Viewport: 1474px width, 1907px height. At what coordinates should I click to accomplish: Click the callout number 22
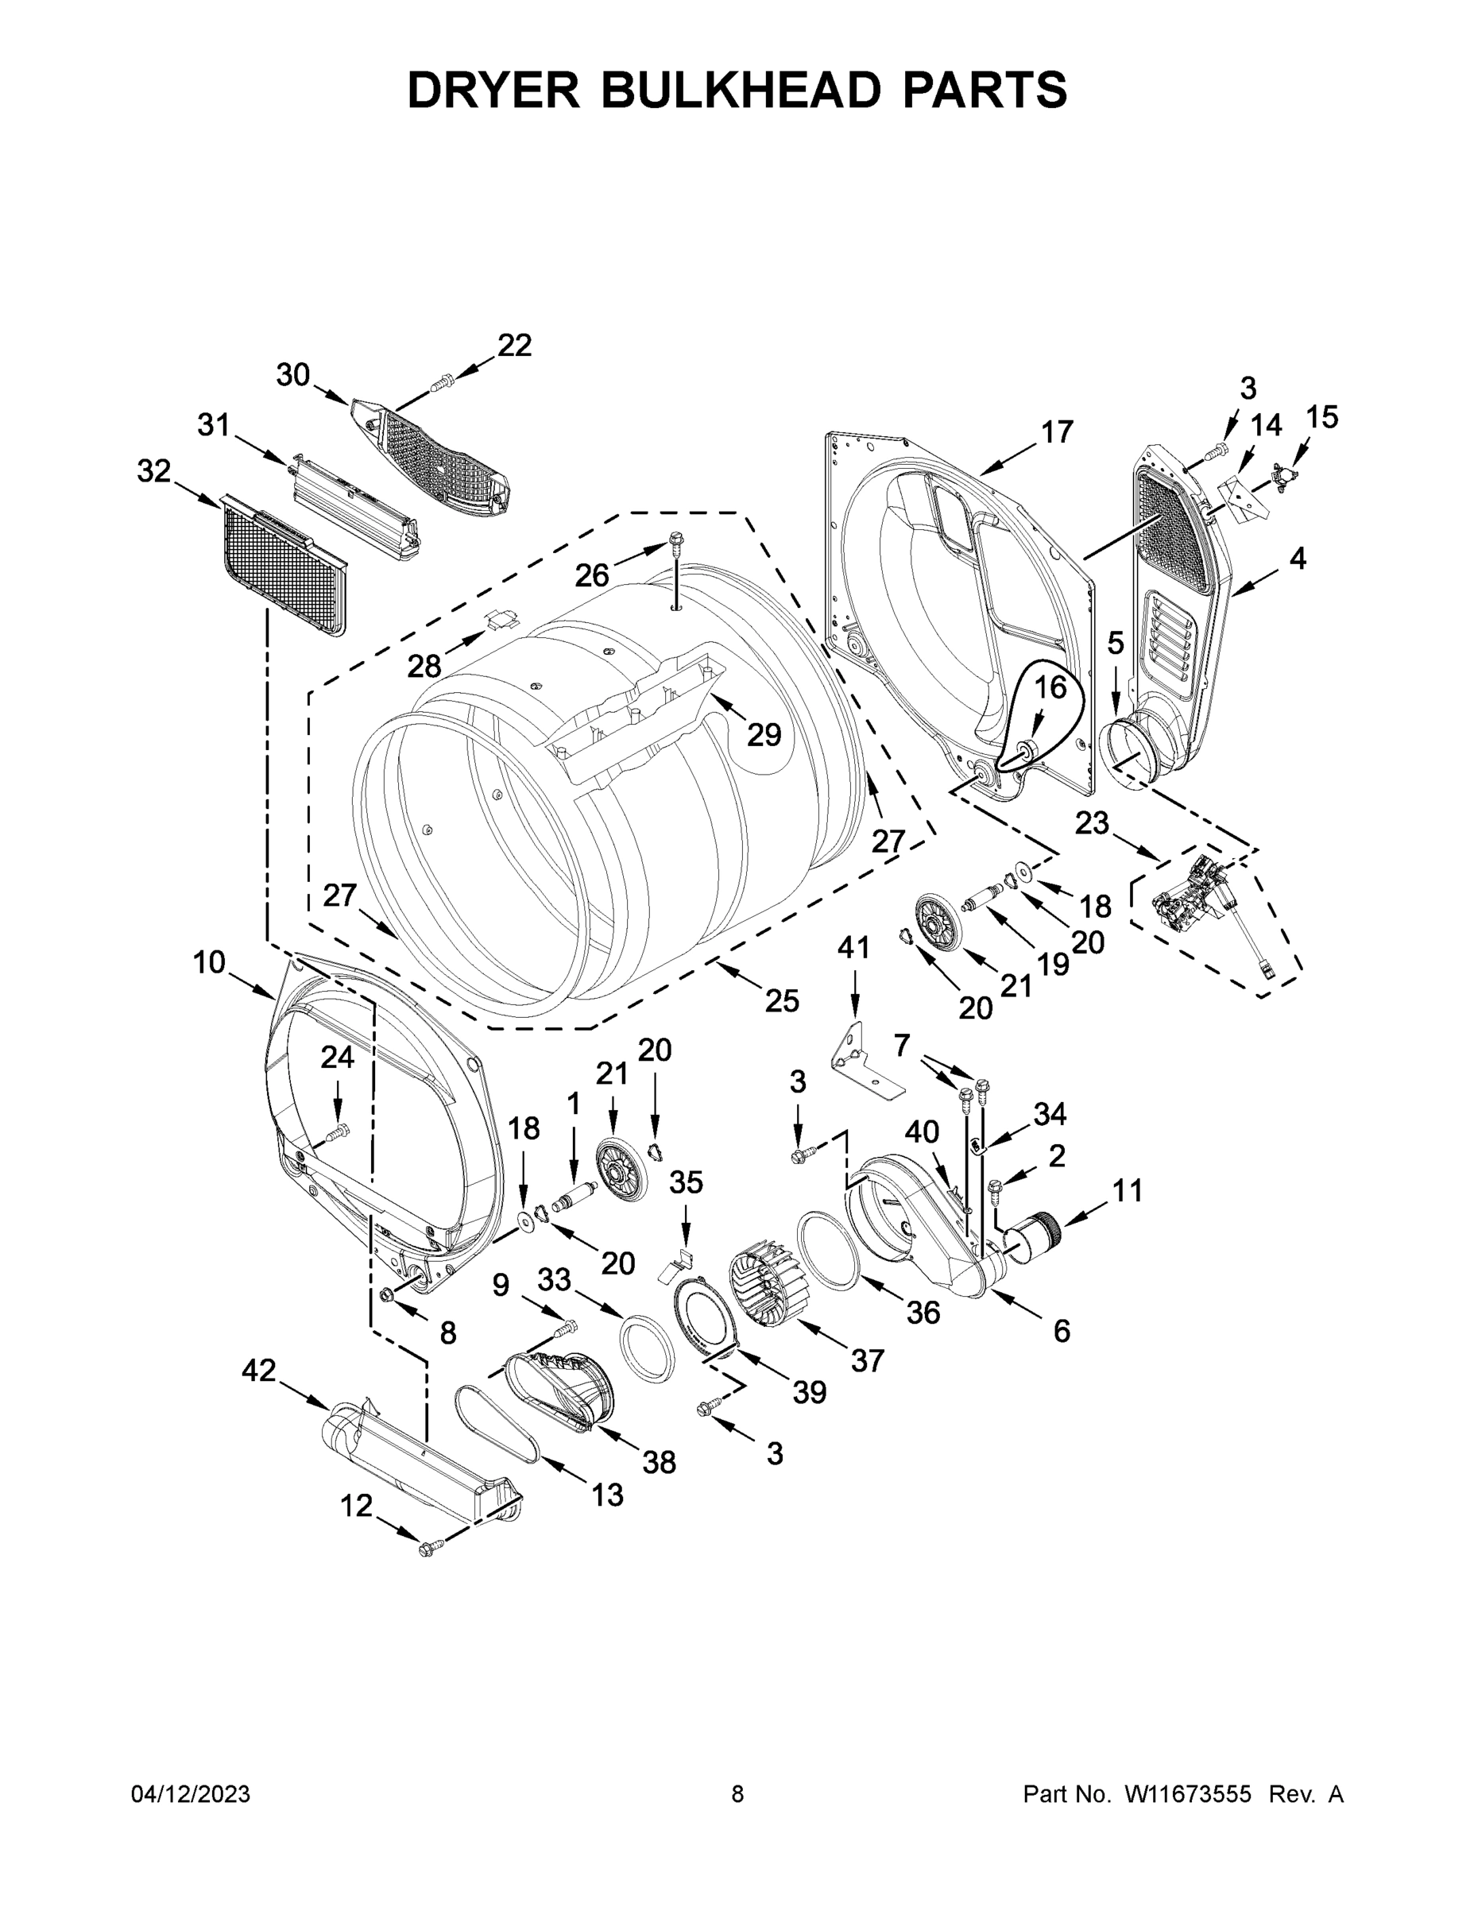click(x=514, y=346)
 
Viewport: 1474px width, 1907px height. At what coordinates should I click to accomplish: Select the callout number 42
click(x=258, y=1370)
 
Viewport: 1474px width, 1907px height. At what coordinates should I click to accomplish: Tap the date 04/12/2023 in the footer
click(x=191, y=1794)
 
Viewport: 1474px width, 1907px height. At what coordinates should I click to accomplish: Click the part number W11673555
click(x=1188, y=1794)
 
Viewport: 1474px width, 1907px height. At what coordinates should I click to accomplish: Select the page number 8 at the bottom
click(x=737, y=1794)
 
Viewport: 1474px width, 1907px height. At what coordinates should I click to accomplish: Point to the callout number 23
click(x=1091, y=822)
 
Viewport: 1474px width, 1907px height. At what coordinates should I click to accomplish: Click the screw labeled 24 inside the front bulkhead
click(x=337, y=1132)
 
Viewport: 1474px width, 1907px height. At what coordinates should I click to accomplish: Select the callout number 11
click(x=1127, y=1190)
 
